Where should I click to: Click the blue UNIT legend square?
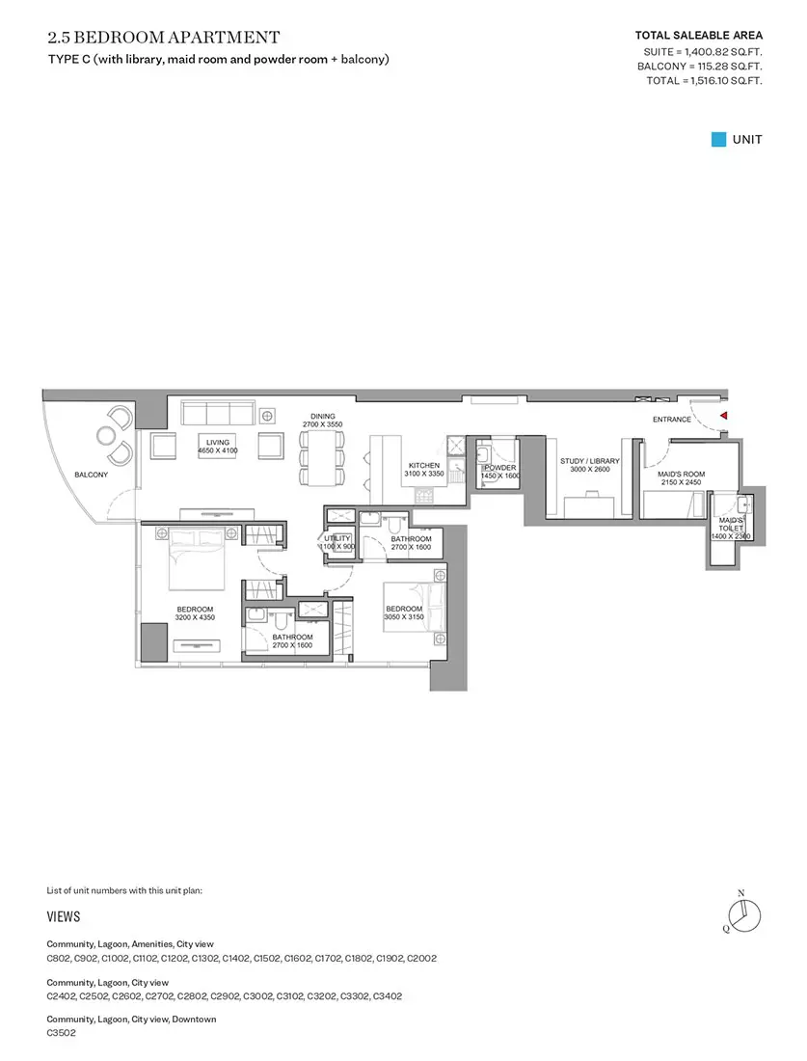point(718,140)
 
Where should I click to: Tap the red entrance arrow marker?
point(724,416)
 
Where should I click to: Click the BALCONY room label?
point(92,475)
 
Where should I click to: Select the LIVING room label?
point(218,443)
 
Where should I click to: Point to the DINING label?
point(323,417)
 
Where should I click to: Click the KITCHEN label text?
point(424,466)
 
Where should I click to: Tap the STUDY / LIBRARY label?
point(590,461)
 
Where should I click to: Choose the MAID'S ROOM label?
point(682,475)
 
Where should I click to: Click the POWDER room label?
point(500,468)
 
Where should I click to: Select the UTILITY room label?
point(337,538)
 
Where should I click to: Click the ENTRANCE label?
point(672,420)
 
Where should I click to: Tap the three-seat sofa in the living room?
point(217,413)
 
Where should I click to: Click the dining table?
point(322,457)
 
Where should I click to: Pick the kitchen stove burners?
point(425,496)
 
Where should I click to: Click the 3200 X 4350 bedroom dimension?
point(195,617)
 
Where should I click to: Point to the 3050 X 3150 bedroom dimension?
point(404,617)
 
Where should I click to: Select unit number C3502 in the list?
point(61,1033)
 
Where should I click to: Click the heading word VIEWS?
point(64,917)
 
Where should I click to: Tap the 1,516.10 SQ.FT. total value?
point(727,80)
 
